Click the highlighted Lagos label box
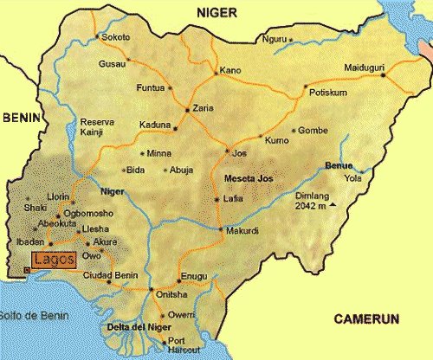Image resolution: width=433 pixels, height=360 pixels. pyautogui.click(x=55, y=259)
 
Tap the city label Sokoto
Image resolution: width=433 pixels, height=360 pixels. pyautogui.click(x=115, y=38)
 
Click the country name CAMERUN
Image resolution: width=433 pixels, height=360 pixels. pyautogui.click(x=365, y=319)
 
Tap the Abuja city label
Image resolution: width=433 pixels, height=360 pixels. pyautogui.click(x=182, y=170)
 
